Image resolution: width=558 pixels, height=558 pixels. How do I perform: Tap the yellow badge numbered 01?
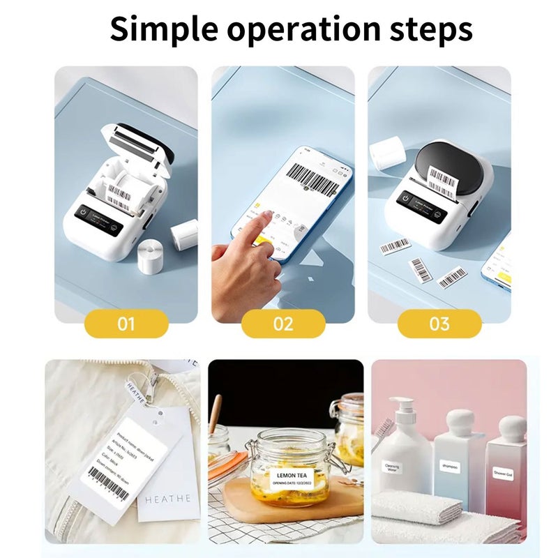[126, 324]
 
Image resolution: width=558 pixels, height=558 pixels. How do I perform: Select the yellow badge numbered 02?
[283, 324]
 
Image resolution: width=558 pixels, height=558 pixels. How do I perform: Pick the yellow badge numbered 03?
[439, 324]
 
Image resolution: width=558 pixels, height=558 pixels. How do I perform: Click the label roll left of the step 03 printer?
[384, 153]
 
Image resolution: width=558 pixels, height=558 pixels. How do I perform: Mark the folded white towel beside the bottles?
[432, 513]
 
